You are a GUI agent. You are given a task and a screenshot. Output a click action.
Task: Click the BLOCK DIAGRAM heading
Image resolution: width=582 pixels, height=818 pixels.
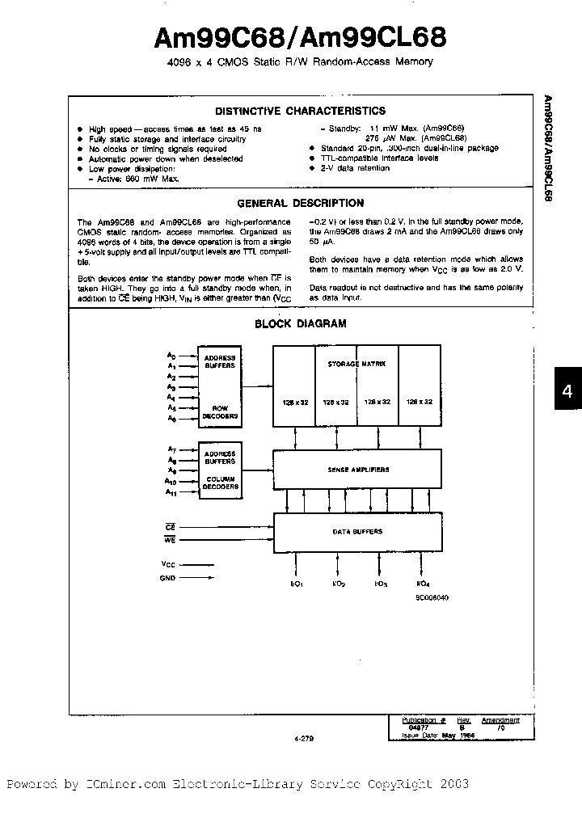click(x=300, y=323)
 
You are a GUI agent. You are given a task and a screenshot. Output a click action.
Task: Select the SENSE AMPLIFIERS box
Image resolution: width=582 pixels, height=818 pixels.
click(x=358, y=470)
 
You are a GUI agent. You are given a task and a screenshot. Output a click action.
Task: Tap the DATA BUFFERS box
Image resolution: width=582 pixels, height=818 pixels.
click(x=358, y=532)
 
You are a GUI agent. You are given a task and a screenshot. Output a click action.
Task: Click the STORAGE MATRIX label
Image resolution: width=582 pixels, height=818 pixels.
click(x=356, y=365)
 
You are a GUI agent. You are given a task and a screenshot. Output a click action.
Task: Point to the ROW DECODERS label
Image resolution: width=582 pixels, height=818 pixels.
click(x=220, y=412)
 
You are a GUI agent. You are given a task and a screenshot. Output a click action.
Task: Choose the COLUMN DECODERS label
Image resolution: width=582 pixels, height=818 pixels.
click(x=220, y=483)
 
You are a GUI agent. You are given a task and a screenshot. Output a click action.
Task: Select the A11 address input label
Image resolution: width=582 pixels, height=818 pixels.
click(x=171, y=491)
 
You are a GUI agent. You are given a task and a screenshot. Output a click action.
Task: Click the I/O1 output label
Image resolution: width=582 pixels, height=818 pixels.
click(x=297, y=584)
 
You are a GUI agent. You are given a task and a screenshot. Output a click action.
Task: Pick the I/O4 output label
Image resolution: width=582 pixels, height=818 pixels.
click(x=422, y=584)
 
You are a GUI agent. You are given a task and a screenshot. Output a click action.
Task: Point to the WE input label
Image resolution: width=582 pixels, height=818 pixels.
click(x=170, y=538)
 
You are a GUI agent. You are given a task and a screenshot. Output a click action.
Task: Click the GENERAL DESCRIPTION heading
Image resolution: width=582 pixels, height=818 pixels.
click(x=300, y=204)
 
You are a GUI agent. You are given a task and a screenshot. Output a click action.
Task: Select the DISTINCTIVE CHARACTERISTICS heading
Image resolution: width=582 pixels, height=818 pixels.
click(x=300, y=112)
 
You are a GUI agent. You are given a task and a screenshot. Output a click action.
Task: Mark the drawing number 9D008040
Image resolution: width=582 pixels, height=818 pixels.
click(x=432, y=597)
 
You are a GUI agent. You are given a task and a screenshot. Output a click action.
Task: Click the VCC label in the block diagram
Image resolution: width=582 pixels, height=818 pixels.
click(x=168, y=565)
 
